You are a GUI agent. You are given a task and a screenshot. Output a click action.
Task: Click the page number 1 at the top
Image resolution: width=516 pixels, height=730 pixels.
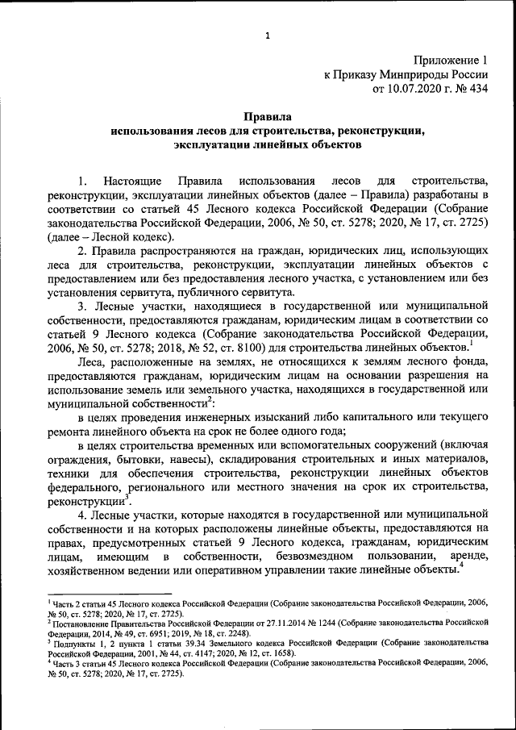[266, 33]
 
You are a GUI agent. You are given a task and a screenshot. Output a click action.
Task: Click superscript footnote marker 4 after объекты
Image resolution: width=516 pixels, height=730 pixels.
[460, 566]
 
